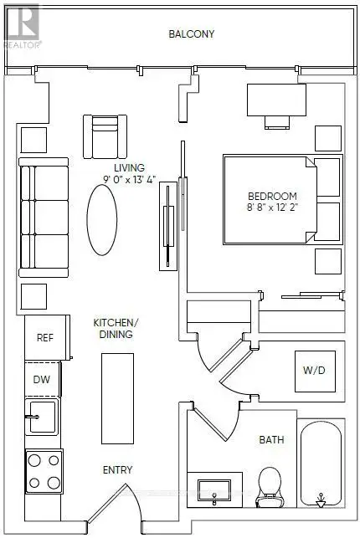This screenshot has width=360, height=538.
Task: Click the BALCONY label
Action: coord(192,34)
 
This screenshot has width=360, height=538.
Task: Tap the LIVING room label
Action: coord(130,168)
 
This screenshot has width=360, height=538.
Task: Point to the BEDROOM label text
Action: coord(272,197)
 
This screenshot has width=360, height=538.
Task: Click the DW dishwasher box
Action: coord(43,379)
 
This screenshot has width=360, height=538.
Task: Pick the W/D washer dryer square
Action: coord(315,371)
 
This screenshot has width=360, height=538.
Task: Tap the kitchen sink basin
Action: coord(42,417)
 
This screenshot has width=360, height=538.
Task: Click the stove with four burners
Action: coord(44,471)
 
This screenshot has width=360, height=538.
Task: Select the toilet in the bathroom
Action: coord(270,487)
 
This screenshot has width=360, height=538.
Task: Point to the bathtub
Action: coord(321,464)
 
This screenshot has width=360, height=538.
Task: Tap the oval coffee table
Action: coord(102,220)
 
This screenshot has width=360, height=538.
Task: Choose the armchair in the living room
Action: coord(105,136)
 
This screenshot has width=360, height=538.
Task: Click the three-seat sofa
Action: coord(44,218)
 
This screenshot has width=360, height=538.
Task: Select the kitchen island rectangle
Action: coord(117,398)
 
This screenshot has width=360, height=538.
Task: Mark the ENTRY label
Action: coord(117,469)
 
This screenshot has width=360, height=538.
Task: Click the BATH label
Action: coord(271,439)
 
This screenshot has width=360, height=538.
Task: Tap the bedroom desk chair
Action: coord(277,122)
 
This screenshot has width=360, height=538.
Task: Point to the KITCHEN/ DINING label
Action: coord(116,328)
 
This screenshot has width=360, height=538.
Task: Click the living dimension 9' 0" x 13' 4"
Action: coord(130,179)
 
